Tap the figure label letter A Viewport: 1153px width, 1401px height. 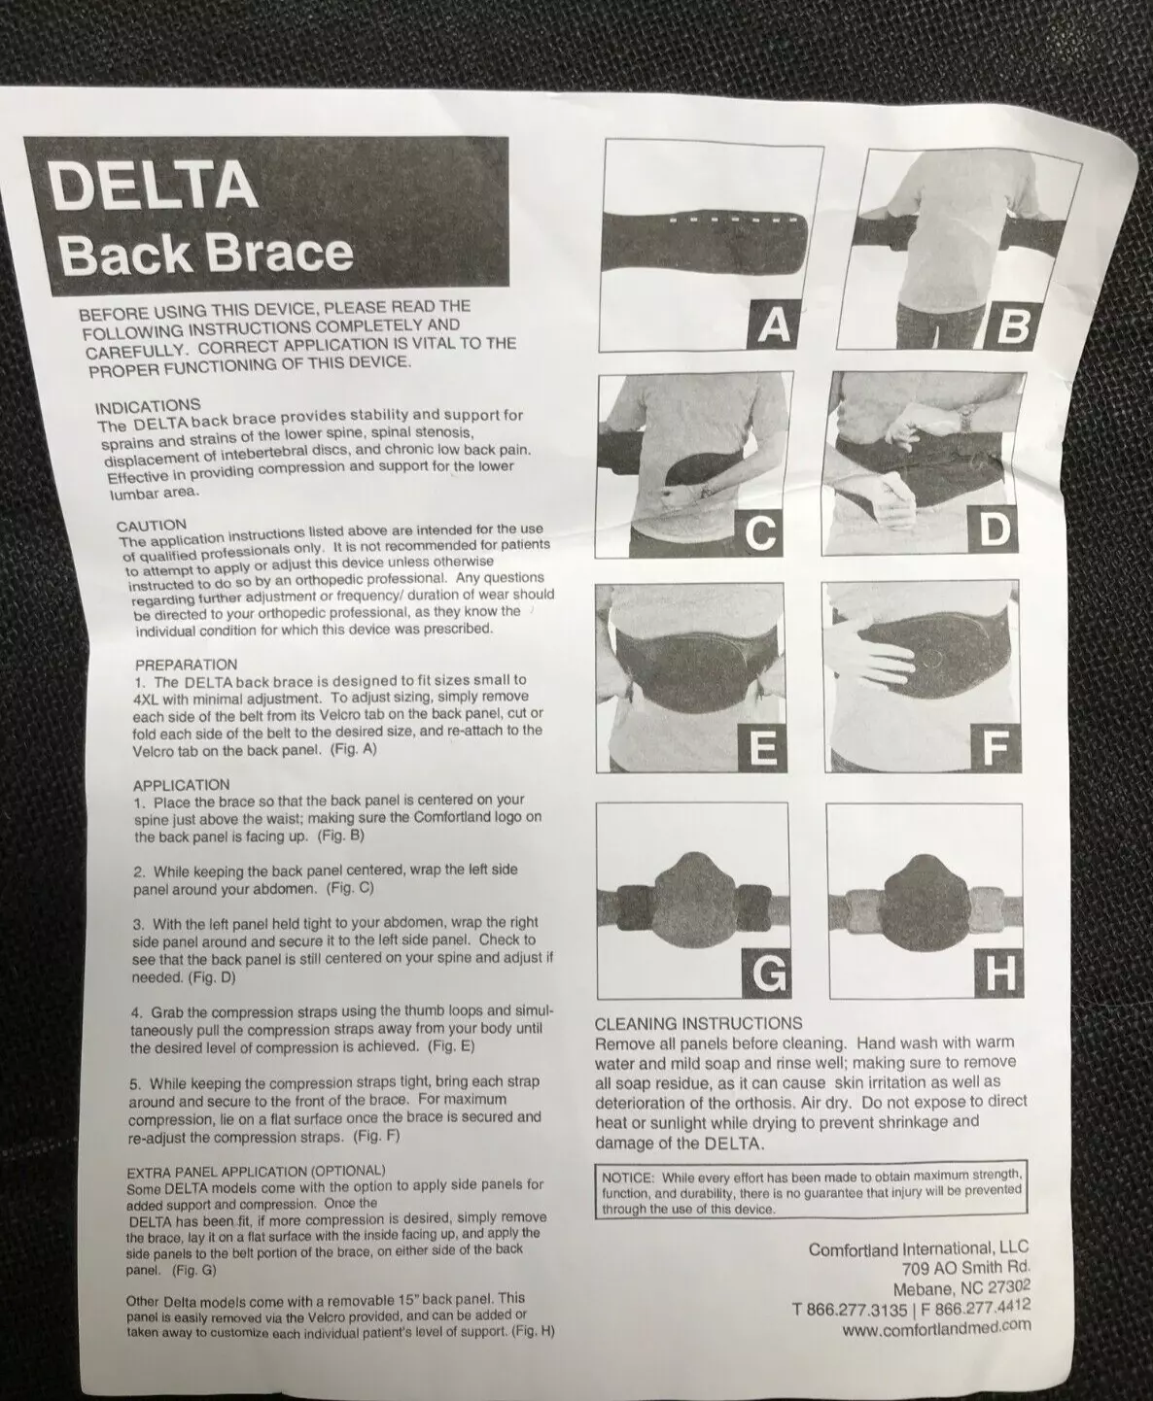[x=774, y=325]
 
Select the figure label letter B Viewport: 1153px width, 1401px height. [x=1012, y=325]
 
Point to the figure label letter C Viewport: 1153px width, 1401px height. [x=760, y=532]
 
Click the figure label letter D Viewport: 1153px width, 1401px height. [x=995, y=530]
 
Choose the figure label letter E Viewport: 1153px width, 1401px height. [x=762, y=749]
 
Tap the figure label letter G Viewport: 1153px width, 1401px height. [x=769, y=974]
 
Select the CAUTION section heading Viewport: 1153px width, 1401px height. [x=152, y=526]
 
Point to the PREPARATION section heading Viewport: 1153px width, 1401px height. [x=186, y=665]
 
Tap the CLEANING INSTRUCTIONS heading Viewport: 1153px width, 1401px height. [x=698, y=1024]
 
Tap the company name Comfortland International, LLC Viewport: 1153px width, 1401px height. [x=919, y=1248]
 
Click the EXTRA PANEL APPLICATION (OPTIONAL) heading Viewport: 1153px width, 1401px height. [x=256, y=1171]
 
